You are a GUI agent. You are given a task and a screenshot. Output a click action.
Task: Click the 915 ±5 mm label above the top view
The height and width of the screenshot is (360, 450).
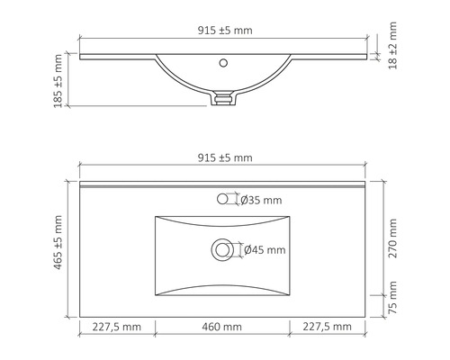[226, 157]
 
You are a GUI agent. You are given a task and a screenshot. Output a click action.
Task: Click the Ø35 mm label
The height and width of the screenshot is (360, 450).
[261, 201]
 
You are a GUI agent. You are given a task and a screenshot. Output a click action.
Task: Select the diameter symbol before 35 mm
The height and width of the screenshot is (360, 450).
[245, 201]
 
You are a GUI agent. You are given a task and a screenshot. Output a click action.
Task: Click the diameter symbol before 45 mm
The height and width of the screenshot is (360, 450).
[248, 250]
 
